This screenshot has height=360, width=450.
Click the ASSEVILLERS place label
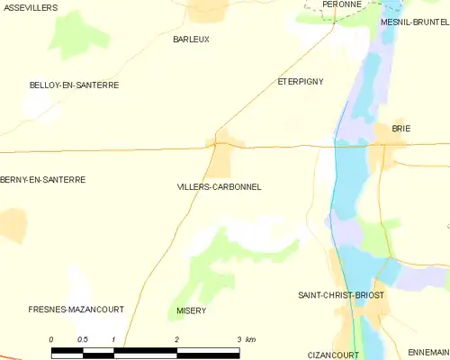pyautogui.click(x=29, y=7)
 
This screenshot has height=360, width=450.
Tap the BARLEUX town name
pyautogui.click(x=191, y=40)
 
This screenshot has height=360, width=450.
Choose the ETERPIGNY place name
pyautogui.click(x=300, y=81)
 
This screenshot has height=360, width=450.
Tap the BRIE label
pyautogui.click(x=400, y=129)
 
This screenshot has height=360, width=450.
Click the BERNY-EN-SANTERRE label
pyautogui.click(x=43, y=180)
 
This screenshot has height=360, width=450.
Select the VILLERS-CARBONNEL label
pyautogui.click(x=220, y=187)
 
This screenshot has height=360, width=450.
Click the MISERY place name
pyautogui.click(x=191, y=310)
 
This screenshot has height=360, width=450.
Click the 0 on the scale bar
pyautogui.click(x=51, y=339)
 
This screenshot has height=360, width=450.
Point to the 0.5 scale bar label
pyautogui.click(x=82, y=339)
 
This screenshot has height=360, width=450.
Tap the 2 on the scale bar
pyautogui.click(x=176, y=339)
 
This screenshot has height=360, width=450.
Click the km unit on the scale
pyautogui.click(x=250, y=339)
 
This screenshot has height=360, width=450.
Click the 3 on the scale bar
pyautogui.click(x=238, y=339)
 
